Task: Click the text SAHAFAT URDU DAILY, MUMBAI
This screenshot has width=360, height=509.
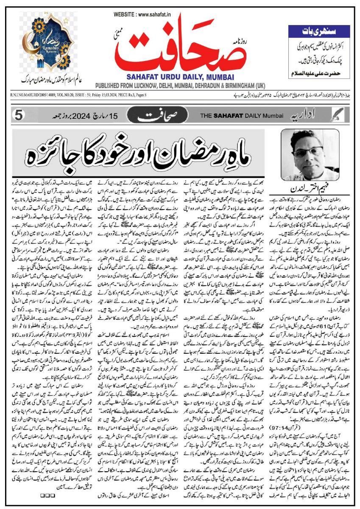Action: pyautogui.click(x=180, y=76)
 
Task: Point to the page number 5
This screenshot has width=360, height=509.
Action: pyautogui.click(x=18, y=115)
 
